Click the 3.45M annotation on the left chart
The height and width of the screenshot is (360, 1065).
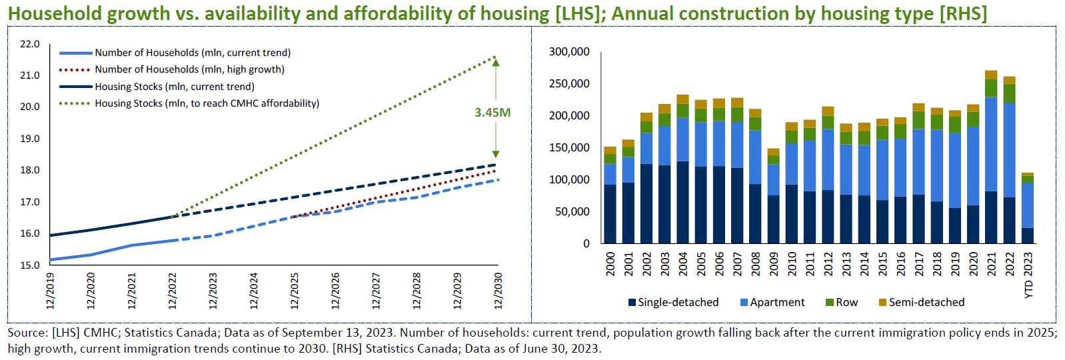click(x=493, y=113)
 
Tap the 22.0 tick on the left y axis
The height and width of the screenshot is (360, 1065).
click(x=30, y=44)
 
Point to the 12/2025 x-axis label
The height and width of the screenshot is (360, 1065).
click(x=295, y=291)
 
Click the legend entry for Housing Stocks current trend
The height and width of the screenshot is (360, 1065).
click(x=174, y=87)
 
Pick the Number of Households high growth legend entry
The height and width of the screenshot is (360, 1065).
click(x=189, y=69)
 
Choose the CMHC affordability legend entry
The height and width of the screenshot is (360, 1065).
click(x=207, y=103)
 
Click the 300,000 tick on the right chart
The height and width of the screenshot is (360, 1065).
click(x=569, y=52)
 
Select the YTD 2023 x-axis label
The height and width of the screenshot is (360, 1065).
click(x=1028, y=275)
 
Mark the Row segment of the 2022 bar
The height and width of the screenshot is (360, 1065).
click(x=1009, y=93)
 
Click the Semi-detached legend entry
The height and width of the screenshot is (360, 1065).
click(x=926, y=302)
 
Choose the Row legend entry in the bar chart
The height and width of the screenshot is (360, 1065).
click(x=846, y=302)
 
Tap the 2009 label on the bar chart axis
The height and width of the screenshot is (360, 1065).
click(x=773, y=264)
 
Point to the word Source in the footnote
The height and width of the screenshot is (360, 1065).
click(x=25, y=332)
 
